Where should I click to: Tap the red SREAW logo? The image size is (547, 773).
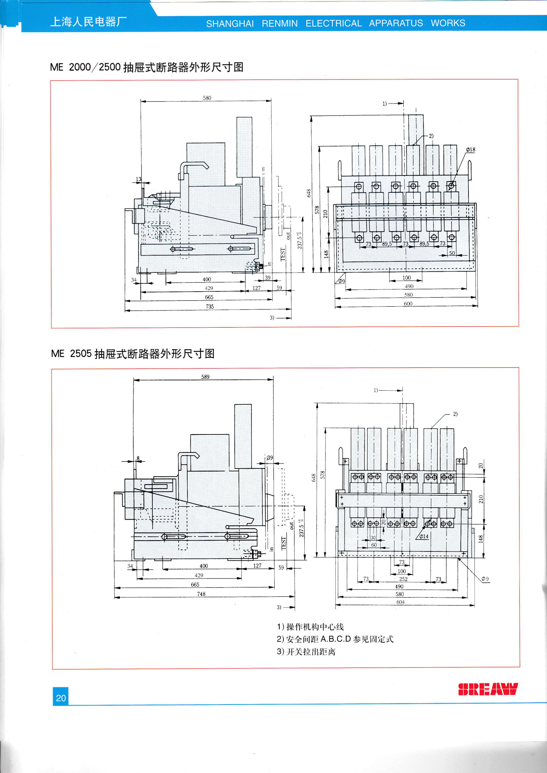(x=488, y=689)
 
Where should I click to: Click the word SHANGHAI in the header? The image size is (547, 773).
(x=230, y=24)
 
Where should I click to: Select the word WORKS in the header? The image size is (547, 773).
(x=448, y=23)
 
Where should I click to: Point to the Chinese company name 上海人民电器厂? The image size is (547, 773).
(x=88, y=22)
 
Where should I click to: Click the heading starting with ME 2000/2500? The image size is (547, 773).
(x=147, y=67)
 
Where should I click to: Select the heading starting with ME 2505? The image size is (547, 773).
(x=133, y=353)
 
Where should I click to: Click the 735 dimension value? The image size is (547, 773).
(x=210, y=306)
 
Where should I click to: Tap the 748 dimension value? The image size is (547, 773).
(x=201, y=594)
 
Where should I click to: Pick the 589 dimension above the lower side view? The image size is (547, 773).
(x=205, y=377)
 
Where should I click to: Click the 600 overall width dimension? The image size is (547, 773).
(x=408, y=304)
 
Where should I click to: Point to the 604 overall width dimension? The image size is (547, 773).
(x=400, y=602)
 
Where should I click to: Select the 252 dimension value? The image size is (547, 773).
(x=403, y=579)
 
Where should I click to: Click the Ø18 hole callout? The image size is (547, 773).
(x=470, y=149)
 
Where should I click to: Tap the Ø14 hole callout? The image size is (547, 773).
(x=424, y=536)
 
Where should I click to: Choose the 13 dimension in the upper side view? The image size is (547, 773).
(x=139, y=179)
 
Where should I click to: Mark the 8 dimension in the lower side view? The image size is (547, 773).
(x=138, y=458)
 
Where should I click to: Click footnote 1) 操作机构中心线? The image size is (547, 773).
(x=310, y=626)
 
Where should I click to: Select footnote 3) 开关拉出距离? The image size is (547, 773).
(x=306, y=651)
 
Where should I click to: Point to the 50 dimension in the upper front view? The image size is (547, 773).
(x=452, y=253)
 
